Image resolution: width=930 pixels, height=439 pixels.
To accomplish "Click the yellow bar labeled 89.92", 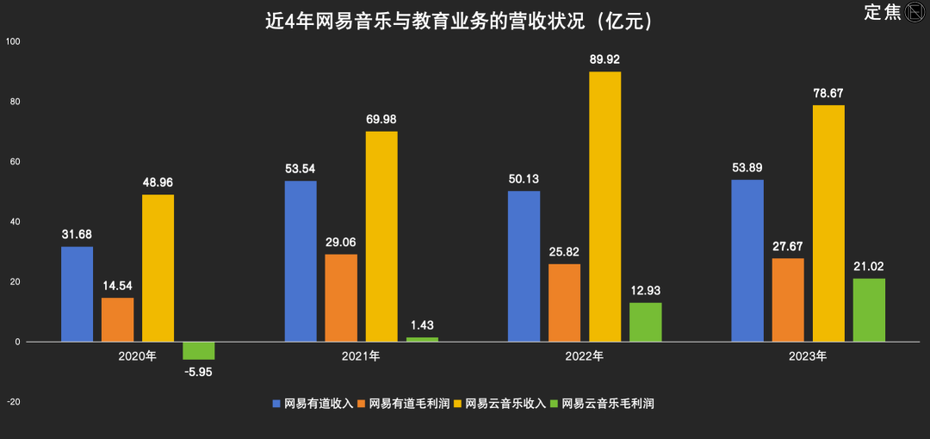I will coord(604,207).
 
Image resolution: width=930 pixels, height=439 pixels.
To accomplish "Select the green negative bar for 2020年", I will coord(199,350).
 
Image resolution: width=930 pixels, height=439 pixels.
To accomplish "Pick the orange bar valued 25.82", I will coord(564,302).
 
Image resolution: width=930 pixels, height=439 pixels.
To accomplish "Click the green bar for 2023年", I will coord(869,310).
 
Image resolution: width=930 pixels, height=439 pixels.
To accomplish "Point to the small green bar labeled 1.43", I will coord(422,339).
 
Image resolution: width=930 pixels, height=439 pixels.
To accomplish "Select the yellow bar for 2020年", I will coord(158,268).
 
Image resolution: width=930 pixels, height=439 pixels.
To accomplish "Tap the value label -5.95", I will coord(198,371).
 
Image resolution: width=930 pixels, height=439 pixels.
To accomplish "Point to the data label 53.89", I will coord(747,166).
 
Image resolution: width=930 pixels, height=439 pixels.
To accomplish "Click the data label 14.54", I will coord(118,285).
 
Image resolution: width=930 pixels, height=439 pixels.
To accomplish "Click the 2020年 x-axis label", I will coord(138,355).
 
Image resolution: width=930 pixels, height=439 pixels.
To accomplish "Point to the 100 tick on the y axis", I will coord(13,41).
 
